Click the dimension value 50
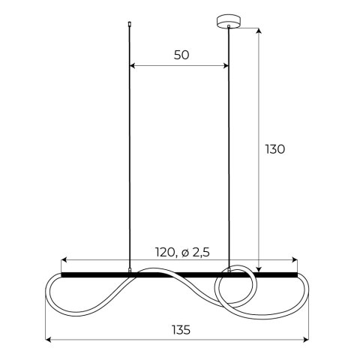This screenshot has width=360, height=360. (181, 55)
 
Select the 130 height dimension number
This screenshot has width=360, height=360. (274, 148)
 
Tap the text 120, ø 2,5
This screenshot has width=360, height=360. (180, 252)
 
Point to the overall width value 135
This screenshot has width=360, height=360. (180, 330)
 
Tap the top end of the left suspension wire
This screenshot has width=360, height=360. (130, 24)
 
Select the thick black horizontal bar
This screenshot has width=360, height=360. (180, 274)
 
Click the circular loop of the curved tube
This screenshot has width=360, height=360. (234, 289)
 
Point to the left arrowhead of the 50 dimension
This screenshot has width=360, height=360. (133, 66)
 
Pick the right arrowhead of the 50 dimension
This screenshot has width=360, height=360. (226, 66)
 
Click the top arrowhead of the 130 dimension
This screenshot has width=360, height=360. (258, 31)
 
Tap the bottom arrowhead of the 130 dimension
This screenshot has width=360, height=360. (258, 270)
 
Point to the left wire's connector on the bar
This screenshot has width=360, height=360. (130, 269)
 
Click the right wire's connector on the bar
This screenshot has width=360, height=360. (229, 269)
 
